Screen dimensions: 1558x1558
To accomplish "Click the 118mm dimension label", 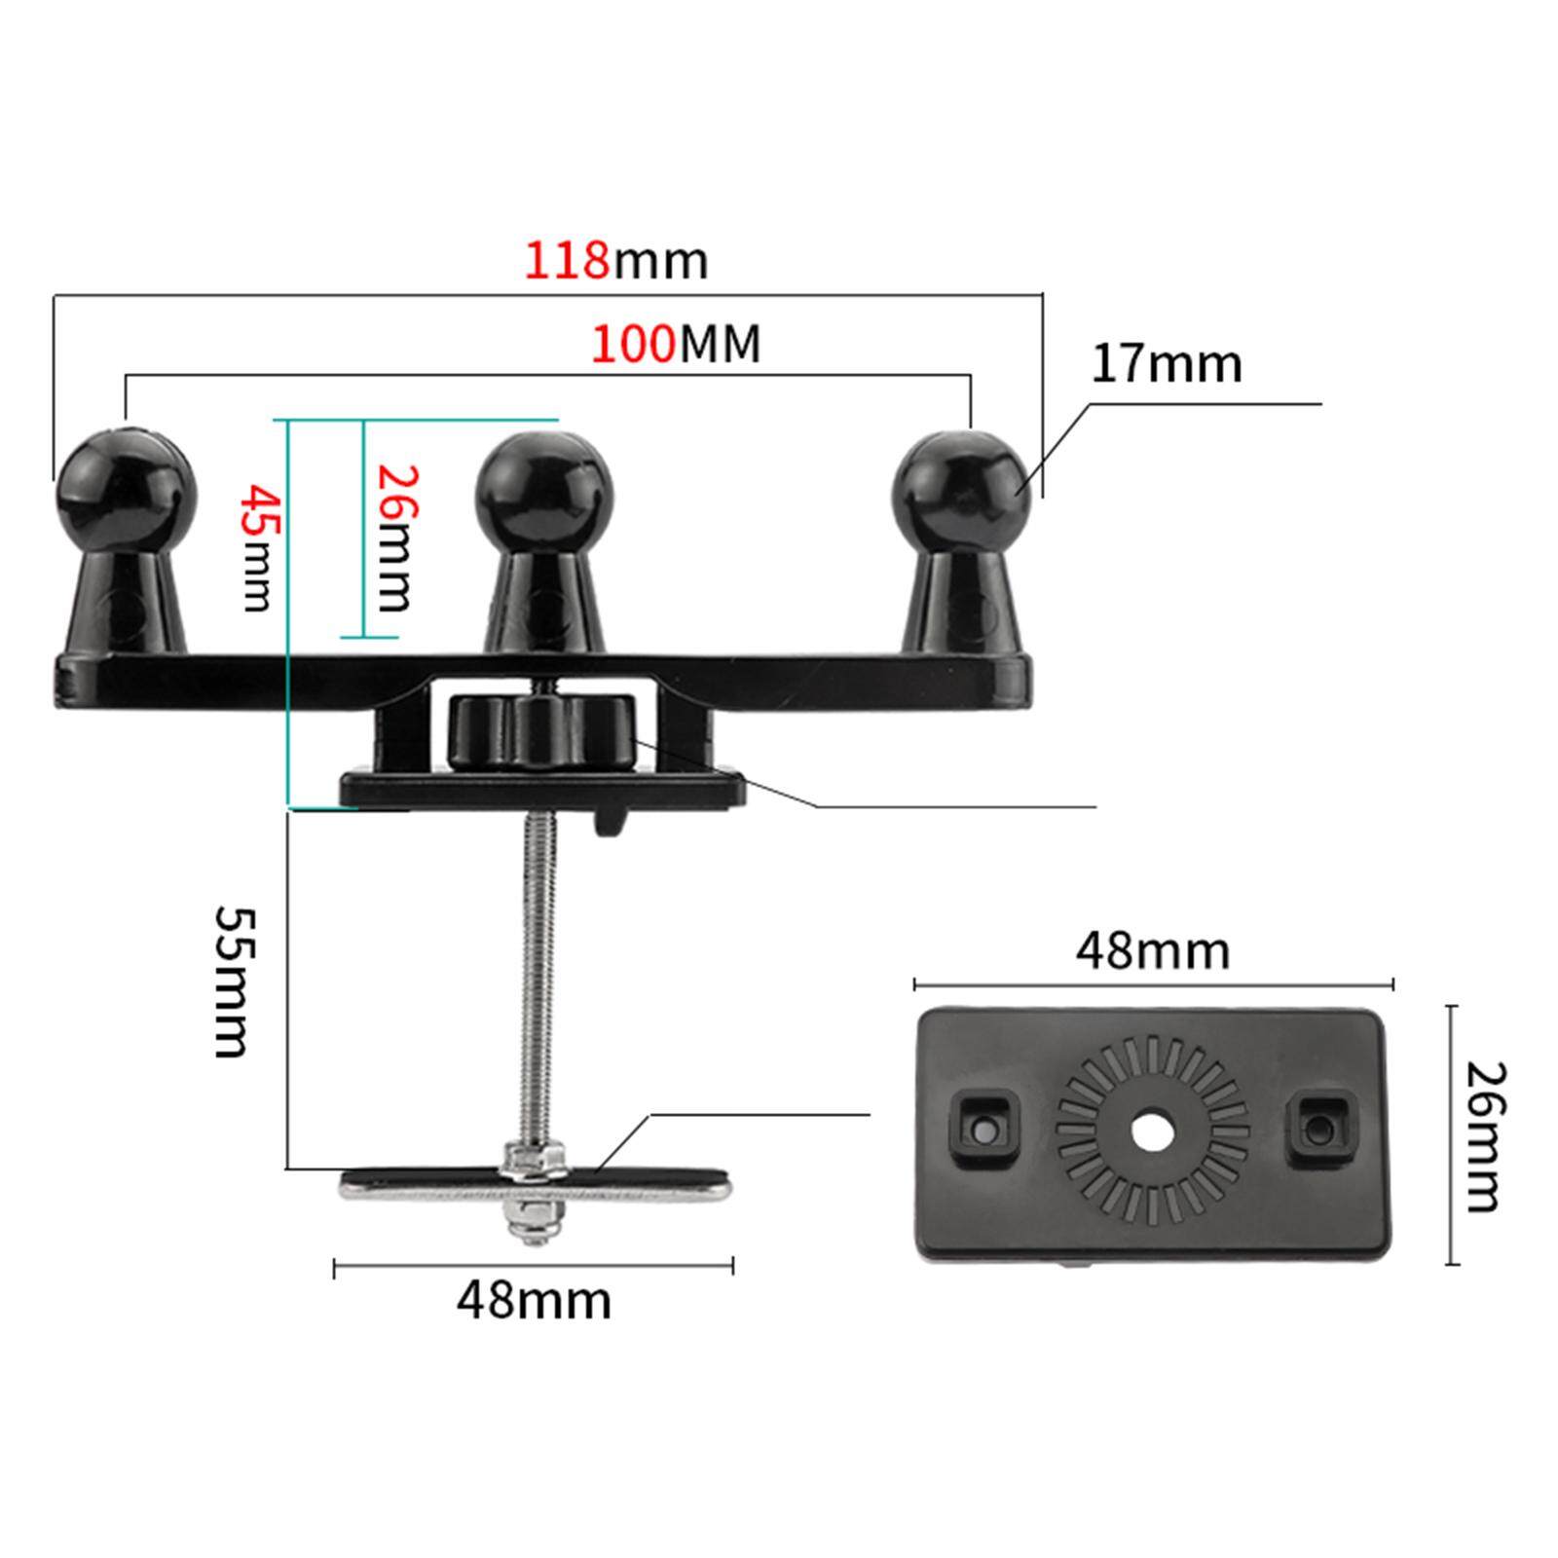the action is tap(616, 261).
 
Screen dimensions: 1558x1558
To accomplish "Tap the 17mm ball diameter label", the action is tap(1167, 364).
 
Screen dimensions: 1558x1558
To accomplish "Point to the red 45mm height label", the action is tap(257, 547).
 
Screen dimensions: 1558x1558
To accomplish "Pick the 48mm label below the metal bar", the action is tap(534, 1300).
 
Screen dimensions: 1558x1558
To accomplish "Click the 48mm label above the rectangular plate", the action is tap(1153, 950).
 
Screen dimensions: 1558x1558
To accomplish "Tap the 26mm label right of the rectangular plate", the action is tap(1486, 1136).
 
